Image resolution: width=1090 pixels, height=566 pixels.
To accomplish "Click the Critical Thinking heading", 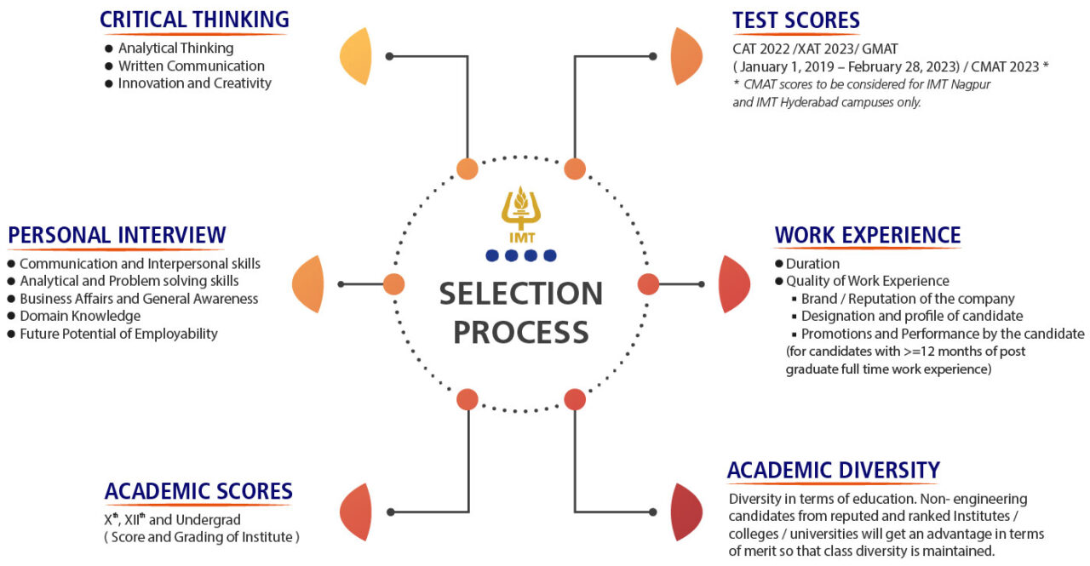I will pos(194,20).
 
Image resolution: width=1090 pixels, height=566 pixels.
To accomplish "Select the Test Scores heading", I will pos(795,20).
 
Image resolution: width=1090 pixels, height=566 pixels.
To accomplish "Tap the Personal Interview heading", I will pos(117,234).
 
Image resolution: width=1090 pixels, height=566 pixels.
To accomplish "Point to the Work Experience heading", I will pos(867,235).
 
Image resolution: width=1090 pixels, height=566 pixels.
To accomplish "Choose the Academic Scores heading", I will pos(198,491).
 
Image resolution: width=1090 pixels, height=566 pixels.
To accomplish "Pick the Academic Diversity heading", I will pos(833,470).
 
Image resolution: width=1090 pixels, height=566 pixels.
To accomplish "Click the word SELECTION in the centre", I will pos(520,294).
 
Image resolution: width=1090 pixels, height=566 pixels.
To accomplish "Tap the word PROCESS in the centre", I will pos(520,332).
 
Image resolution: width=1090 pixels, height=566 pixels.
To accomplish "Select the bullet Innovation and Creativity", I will pos(194,83).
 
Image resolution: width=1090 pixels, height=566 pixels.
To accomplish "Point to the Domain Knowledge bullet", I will pos(79,316).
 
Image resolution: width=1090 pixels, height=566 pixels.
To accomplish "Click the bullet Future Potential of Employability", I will pos(118,334).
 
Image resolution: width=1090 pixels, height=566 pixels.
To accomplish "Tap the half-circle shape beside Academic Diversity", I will pos(686,512).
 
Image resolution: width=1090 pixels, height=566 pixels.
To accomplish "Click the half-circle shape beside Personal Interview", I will pos(308,283).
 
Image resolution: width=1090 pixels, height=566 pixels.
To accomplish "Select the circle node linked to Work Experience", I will pos(648,284).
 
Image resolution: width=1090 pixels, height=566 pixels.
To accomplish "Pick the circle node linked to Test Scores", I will pos(575,169).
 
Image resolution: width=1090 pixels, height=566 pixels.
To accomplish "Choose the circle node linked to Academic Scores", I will pos(467,398).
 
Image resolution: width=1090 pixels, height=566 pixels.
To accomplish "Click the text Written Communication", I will pos(191,66).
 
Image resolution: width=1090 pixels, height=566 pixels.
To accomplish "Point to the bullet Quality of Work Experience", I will pos(867,281).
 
